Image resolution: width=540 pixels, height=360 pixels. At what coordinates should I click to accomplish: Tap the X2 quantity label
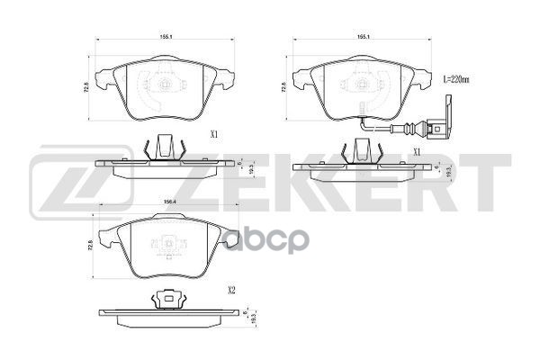point(232,290)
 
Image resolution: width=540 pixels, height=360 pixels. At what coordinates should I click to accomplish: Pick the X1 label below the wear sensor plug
point(417,151)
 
